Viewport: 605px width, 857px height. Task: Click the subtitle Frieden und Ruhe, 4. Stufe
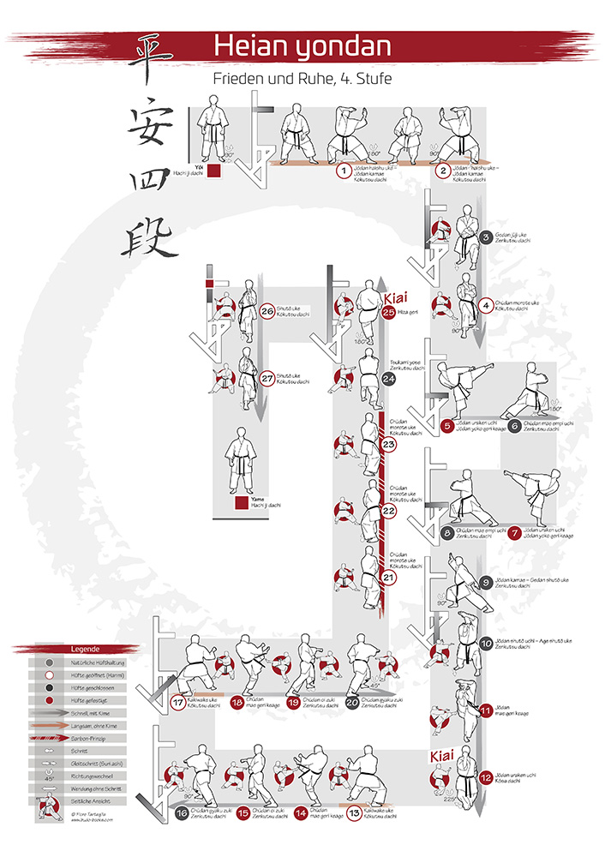302,80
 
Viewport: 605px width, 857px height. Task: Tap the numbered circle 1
344,171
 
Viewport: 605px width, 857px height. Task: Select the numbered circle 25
388,314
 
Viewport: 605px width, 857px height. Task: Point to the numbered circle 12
486,779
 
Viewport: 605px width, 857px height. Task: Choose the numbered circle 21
388,578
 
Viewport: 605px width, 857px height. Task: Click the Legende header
85,649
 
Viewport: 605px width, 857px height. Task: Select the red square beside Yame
240,503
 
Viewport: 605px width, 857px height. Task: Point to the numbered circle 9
486,582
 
